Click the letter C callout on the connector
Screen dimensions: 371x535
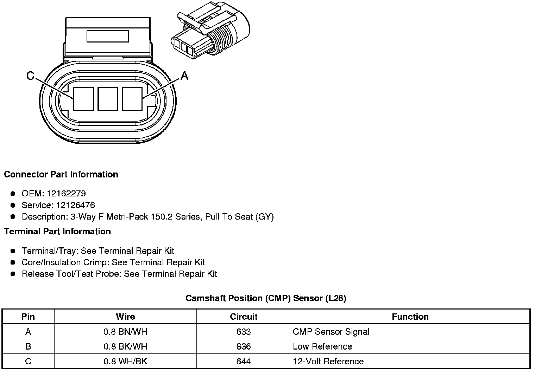(31, 76)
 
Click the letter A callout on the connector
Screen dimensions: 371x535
(184, 76)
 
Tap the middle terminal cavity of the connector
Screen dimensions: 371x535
(108, 99)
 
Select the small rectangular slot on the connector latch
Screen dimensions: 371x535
(108, 36)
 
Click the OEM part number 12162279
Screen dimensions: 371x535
(66, 194)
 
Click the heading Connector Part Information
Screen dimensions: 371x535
(61, 175)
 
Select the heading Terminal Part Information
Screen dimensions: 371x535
(57, 232)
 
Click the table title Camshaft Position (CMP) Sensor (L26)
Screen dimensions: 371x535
(266, 298)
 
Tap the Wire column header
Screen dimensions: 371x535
(125, 317)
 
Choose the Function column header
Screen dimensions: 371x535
(410, 317)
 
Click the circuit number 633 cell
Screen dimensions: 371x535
(244, 332)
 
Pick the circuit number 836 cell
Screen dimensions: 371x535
(244, 346)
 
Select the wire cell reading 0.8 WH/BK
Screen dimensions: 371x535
(125, 361)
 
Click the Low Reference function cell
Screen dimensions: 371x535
(322, 346)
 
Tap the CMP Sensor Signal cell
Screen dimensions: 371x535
(331, 332)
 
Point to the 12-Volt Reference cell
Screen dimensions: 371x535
(328, 361)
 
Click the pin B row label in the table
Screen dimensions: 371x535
(28, 346)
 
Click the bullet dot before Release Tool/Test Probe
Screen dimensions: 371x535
(13, 274)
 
